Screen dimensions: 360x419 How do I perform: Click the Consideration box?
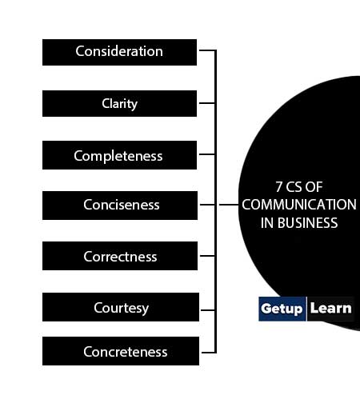click(119, 52)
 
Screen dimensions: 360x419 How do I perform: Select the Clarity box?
click(119, 103)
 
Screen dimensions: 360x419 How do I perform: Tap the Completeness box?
click(119, 155)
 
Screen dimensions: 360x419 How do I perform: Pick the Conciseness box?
click(120, 206)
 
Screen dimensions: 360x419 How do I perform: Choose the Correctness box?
click(120, 256)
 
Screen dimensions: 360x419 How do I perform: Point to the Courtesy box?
click(121, 307)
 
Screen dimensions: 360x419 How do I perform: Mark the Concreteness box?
click(121, 351)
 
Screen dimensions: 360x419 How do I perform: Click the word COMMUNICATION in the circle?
click(299, 205)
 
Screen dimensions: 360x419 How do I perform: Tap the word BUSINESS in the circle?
click(308, 223)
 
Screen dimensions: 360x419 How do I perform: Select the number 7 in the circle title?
click(279, 187)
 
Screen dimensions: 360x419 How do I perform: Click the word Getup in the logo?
click(282, 309)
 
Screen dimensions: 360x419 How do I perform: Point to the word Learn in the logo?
click(331, 308)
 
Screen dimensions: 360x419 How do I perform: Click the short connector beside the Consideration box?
click(207, 50)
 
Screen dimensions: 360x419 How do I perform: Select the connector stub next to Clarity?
click(207, 103)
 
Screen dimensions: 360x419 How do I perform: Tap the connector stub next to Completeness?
click(207, 154)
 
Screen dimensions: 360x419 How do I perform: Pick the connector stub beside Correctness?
click(207, 256)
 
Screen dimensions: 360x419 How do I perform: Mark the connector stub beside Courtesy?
click(208, 310)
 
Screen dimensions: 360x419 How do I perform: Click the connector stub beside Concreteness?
click(208, 353)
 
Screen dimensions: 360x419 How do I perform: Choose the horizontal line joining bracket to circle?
click(229, 205)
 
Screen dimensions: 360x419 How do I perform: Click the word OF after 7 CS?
click(314, 187)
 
